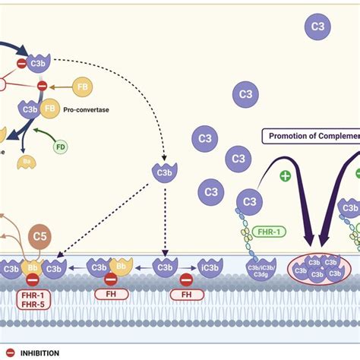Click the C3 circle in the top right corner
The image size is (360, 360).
317,28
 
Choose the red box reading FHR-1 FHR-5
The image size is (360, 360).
32,298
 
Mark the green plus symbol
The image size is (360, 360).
286,175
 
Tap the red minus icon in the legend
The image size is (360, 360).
8,352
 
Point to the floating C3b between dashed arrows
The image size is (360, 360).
163,172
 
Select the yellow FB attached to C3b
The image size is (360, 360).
50,109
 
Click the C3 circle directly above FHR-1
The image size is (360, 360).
249,202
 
